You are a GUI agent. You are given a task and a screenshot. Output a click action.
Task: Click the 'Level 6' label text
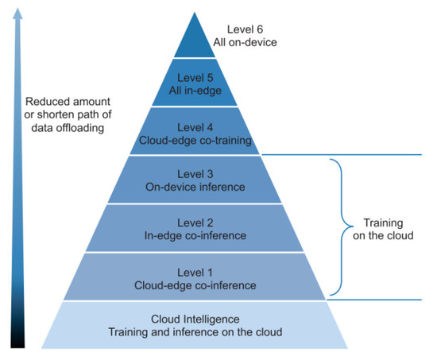click(245, 29)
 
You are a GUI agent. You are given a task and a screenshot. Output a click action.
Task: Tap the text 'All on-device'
click(245, 42)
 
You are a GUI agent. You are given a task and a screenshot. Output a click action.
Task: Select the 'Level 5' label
click(195, 78)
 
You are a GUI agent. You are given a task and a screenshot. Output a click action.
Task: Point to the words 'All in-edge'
click(195, 91)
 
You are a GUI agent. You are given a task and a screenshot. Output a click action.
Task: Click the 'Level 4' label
click(195, 127)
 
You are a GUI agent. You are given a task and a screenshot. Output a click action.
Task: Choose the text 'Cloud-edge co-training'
click(195, 140)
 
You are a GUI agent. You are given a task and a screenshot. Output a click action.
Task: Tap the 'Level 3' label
click(195, 174)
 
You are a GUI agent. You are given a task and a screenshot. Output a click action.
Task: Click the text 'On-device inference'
click(195, 187)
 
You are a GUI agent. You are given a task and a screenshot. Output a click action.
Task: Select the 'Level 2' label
click(195, 223)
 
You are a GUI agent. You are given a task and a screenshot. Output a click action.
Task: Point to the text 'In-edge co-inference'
click(195, 236)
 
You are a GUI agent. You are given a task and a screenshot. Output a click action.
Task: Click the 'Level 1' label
click(195, 273)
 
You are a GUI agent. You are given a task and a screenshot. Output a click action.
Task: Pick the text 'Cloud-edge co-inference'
click(195, 285)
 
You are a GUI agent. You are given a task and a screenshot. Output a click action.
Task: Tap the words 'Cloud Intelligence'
click(195, 319)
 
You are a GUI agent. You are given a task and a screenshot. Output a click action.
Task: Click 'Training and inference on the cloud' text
click(195, 332)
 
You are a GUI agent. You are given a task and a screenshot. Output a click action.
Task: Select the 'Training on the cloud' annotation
click(383, 229)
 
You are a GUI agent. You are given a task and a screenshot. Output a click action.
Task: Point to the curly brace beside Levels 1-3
click(341, 226)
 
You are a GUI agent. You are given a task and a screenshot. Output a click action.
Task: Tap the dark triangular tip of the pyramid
click(195, 35)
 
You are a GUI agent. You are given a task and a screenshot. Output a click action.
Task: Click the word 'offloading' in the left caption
click(80, 128)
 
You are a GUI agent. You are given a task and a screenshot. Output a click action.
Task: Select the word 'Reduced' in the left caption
click(44, 102)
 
